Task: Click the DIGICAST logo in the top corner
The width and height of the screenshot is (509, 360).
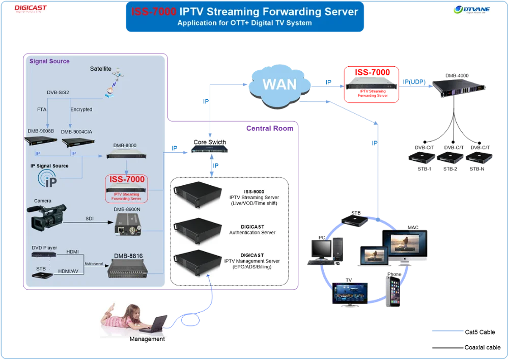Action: pyautogui.click(x=31, y=10)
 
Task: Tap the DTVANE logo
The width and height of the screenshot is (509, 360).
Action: pyautogui.click(x=472, y=10)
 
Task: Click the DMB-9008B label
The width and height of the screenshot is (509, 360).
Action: pyautogui.click(x=40, y=131)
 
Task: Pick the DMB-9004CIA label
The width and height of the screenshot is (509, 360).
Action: pyautogui.click(x=77, y=131)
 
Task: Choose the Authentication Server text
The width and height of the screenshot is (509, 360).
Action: pyautogui.click(x=252, y=232)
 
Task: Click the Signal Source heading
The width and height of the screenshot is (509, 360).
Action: pyautogui.click(x=49, y=61)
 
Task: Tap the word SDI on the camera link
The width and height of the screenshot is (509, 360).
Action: pyautogui.click(x=90, y=218)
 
